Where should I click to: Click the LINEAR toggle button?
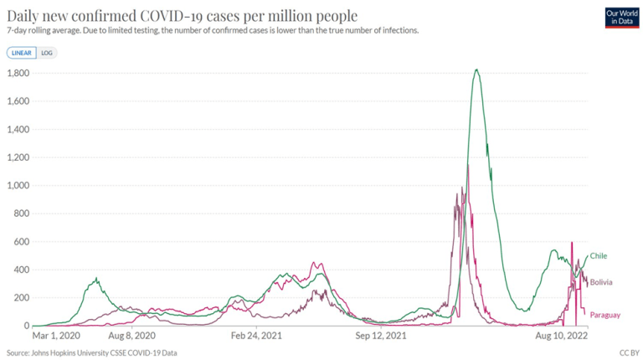point(22,52)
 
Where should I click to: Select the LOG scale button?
point(46,52)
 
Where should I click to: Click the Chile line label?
point(598,255)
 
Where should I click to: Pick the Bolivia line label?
point(600,283)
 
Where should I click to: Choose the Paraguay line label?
point(604,315)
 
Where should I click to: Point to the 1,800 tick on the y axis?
point(18,74)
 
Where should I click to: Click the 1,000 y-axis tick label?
point(18,186)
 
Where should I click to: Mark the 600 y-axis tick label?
point(23,242)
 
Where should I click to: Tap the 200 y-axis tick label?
point(23,298)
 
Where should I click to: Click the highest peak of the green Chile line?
point(476,69)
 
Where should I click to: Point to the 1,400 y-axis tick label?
point(18,130)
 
